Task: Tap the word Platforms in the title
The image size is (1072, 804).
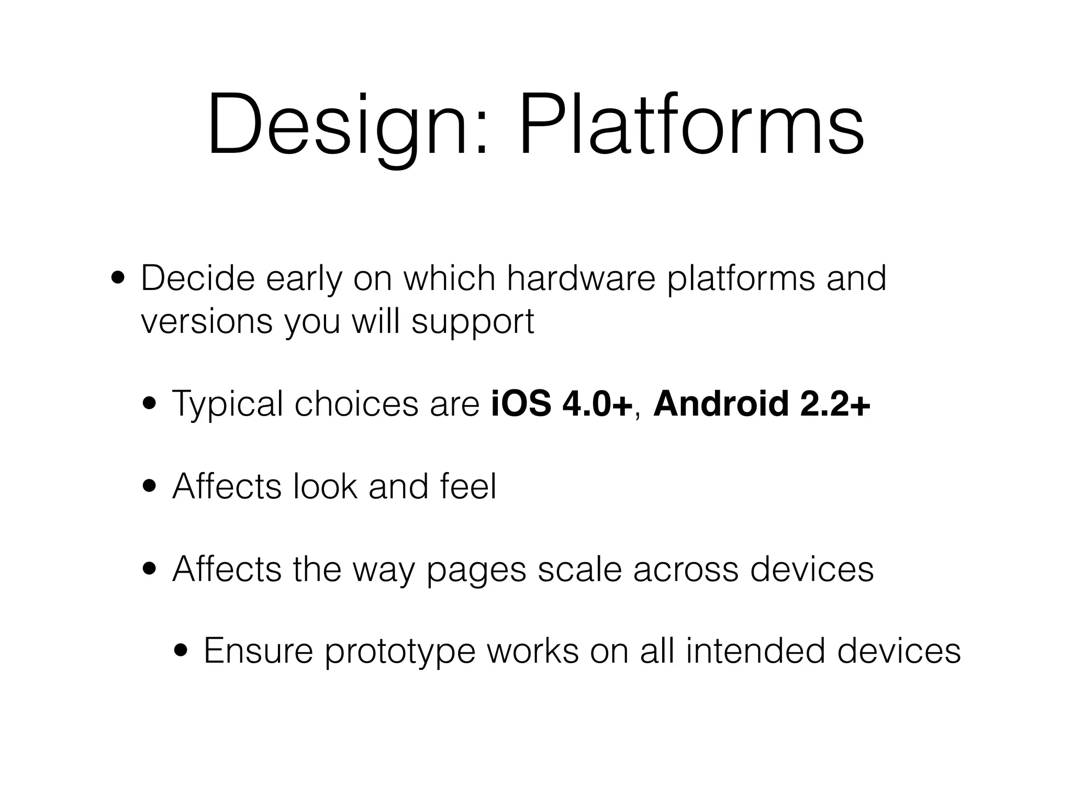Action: click(x=691, y=126)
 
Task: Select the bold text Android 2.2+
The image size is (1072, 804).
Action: click(x=762, y=404)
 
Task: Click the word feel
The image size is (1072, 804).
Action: click(x=468, y=486)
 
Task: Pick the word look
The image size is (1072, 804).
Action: click(x=325, y=486)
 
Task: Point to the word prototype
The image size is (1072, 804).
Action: click(x=400, y=652)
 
